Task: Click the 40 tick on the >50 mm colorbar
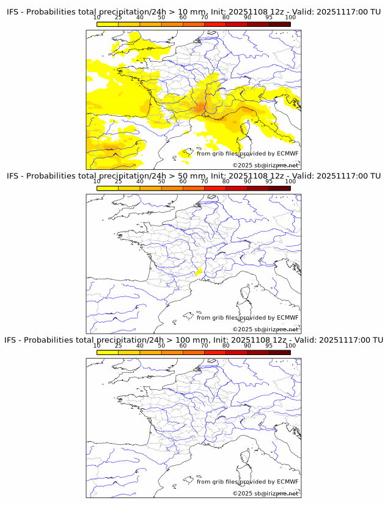tap(140, 182)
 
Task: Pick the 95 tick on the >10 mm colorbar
tap(269, 18)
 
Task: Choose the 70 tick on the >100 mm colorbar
tap(204, 345)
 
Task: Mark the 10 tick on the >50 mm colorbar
tap(97, 182)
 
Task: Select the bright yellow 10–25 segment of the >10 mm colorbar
tap(108, 24)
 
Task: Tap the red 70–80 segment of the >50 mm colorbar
tap(215, 188)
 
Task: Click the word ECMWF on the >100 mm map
tap(287, 482)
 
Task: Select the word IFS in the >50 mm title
tap(13, 176)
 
